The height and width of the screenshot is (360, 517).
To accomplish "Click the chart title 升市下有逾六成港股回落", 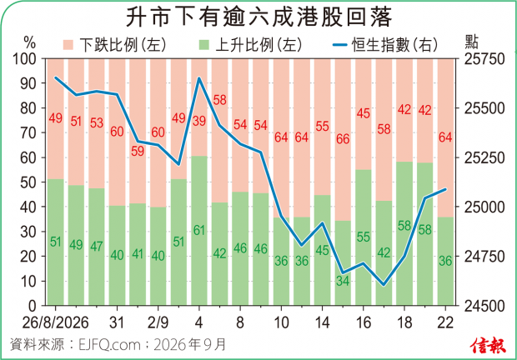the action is (x=258, y=17).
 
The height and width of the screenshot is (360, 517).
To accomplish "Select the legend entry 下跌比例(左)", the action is (x=114, y=45).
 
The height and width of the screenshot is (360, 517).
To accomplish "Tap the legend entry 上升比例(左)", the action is (x=251, y=45).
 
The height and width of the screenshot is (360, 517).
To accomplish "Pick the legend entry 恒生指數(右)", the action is (x=385, y=45).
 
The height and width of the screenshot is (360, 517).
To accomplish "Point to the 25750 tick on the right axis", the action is (x=484, y=59).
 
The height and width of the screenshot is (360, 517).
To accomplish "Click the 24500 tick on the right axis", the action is (x=484, y=306).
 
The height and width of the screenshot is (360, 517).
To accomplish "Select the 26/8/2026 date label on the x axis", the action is (x=55, y=322).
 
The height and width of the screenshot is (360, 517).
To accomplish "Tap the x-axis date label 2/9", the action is (x=158, y=322).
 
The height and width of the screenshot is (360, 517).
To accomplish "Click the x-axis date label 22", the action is (x=445, y=322).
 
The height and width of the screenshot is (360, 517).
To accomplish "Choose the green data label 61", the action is (x=199, y=230).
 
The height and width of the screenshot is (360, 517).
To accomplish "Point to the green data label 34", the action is (x=343, y=281).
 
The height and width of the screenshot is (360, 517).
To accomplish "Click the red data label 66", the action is (x=343, y=139).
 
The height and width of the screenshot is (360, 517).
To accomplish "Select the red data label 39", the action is (x=199, y=121).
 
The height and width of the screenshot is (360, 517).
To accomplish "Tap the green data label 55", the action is (x=364, y=237).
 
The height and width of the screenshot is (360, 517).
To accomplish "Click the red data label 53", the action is (x=97, y=122).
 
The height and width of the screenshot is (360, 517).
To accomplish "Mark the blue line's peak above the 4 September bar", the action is (x=199, y=78).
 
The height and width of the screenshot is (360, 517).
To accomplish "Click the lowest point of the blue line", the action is (x=384, y=285).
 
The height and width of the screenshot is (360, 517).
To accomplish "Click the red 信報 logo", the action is (x=489, y=346).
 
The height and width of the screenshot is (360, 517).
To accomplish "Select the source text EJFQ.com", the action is (x=109, y=345).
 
